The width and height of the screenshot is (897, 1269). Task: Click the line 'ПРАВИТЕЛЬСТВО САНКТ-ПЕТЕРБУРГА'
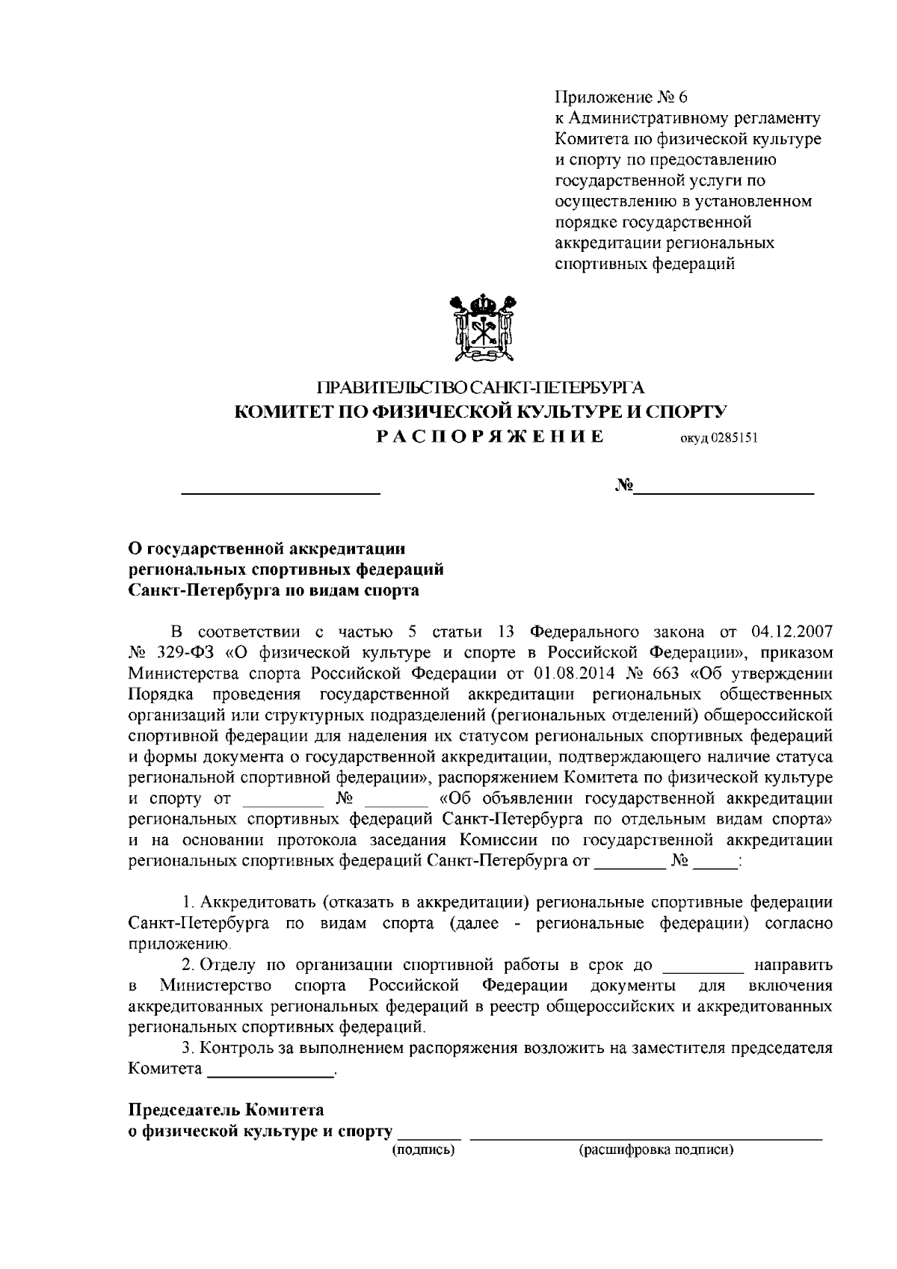click(481, 388)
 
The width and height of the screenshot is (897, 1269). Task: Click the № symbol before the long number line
click(624, 487)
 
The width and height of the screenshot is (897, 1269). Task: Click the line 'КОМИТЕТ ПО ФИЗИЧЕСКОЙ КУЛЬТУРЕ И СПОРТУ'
click(481, 412)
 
